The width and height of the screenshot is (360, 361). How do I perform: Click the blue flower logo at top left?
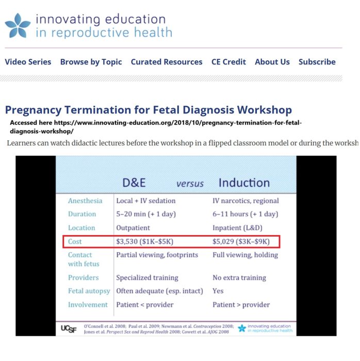18,26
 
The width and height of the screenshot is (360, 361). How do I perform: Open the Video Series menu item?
28,62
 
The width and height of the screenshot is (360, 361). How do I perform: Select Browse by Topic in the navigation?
91,62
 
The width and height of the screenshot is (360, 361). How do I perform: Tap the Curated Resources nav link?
167,62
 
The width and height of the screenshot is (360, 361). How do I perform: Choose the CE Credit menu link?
228,62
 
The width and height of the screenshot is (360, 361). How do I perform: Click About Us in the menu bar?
272,62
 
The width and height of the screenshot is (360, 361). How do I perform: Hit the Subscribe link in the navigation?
317,62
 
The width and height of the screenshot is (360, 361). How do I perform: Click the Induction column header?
244,183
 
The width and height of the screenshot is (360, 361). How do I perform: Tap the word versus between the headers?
190,184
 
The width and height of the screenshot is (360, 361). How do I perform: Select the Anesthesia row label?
85,201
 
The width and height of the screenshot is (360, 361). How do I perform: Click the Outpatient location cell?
133,227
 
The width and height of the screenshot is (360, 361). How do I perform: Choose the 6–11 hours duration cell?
245,214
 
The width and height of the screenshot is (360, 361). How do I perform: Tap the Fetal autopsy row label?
89,291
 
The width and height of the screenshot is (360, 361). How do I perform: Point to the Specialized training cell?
147,277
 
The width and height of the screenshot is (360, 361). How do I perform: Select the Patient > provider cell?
241,304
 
